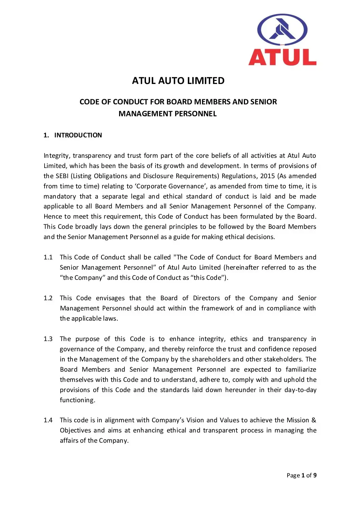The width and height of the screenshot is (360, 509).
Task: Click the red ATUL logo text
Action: click(282, 57)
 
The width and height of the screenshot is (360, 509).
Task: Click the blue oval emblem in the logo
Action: click(282, 30)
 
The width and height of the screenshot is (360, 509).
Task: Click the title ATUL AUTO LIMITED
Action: click(178, 81)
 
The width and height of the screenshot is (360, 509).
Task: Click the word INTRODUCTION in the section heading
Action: click(78, 135)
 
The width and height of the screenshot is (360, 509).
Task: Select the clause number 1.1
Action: click(48, 257)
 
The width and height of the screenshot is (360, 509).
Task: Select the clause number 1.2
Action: click(48, 298)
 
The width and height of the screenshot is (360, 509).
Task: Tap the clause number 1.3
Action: click(48, 339)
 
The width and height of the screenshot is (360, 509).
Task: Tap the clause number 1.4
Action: click(48, 420)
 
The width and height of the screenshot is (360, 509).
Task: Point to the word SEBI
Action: click(62, 176)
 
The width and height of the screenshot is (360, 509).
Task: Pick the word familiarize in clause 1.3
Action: click(301, 370)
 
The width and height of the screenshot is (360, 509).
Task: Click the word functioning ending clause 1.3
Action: click(77, 400)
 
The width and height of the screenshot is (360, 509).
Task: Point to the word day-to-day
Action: click(300, 390)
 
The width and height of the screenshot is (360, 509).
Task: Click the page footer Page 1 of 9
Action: click(301, 475)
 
